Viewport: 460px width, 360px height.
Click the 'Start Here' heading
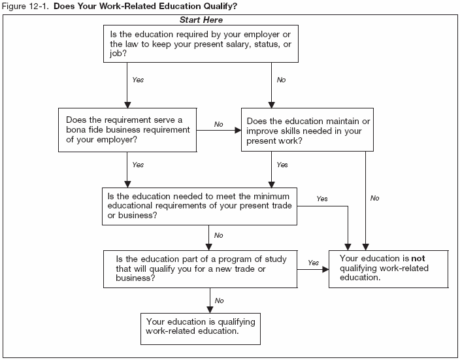coord(201,20)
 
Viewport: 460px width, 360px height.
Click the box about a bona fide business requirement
coord(128,129)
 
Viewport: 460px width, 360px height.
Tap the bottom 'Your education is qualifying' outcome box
coord(201,326)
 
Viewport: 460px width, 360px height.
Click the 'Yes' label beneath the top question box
coord(138,80)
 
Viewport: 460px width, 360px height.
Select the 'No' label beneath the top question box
coord(282,80)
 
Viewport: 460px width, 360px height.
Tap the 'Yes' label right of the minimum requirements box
coord(321,199)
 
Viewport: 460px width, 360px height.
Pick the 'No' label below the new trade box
coord(220,301)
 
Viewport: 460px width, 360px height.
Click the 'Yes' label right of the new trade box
coord(314,262)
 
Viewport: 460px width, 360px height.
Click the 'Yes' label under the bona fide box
coord(138,165)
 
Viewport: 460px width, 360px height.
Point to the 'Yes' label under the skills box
coord(282,165)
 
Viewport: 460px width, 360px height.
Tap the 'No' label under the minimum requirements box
coord(220,235)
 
